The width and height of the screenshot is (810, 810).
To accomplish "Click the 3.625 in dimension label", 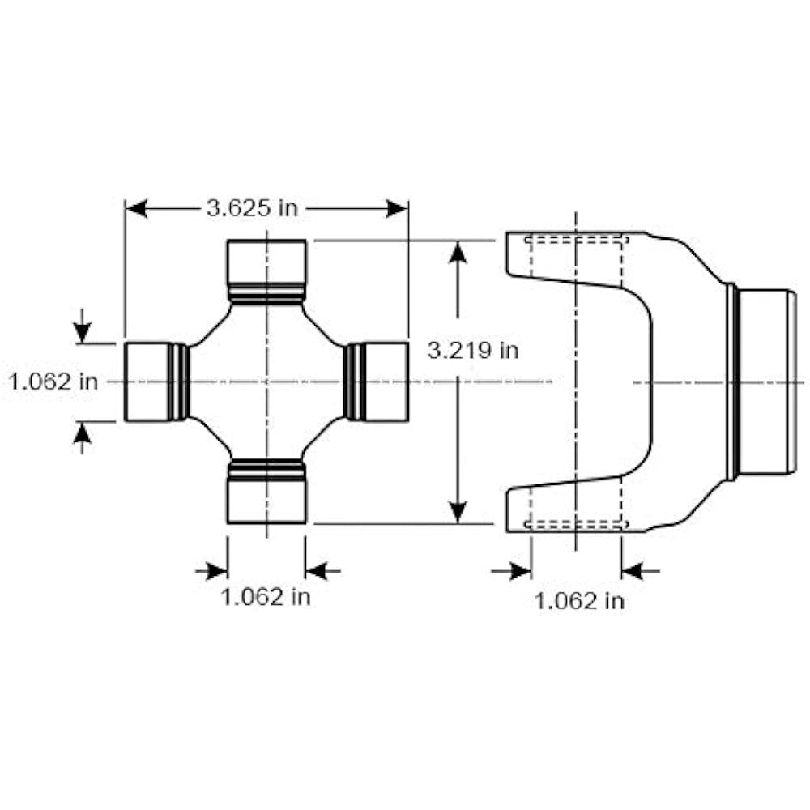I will pos(251,208).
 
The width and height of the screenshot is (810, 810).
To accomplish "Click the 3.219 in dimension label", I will pos(472,351).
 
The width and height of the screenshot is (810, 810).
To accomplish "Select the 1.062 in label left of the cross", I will pos(53,381).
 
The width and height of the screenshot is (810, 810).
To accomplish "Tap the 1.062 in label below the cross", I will pos(266,598).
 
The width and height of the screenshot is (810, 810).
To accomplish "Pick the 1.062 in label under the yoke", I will pos(578,600).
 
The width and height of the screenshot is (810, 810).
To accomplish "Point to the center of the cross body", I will pos(266,382).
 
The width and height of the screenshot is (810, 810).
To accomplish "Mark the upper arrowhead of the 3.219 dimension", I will pos(458,252).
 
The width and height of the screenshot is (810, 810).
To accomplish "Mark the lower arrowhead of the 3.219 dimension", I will pos(458,511).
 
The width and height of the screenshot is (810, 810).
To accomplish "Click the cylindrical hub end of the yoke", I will pos(765,382).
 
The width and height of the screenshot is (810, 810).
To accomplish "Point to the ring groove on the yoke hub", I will pos(731,382).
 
